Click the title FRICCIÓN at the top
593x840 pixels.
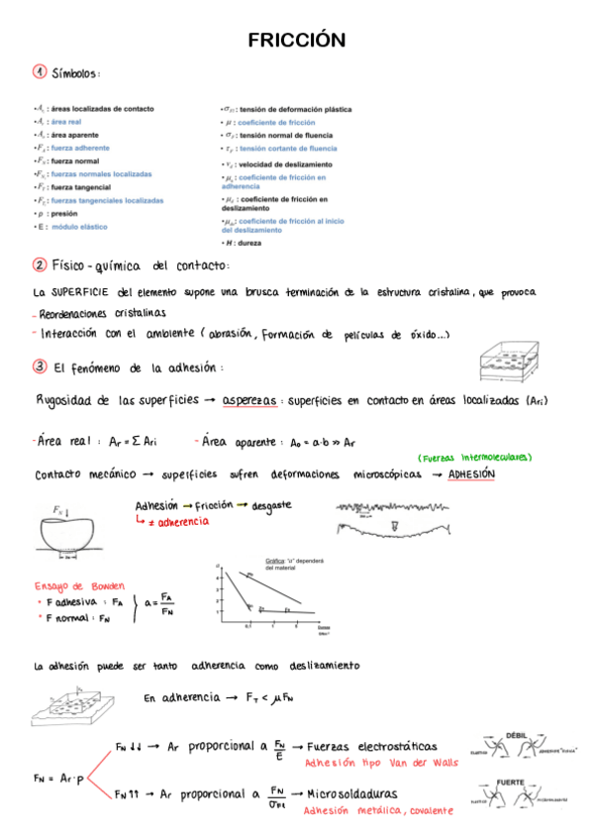click(x=296, y=41)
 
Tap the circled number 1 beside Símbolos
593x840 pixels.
click(x=39, y=71)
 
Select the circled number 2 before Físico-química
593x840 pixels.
click(x=39, y=265)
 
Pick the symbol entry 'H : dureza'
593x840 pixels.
click(x=243, y=243)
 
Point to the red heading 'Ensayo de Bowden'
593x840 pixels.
click(x=73, y=584)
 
